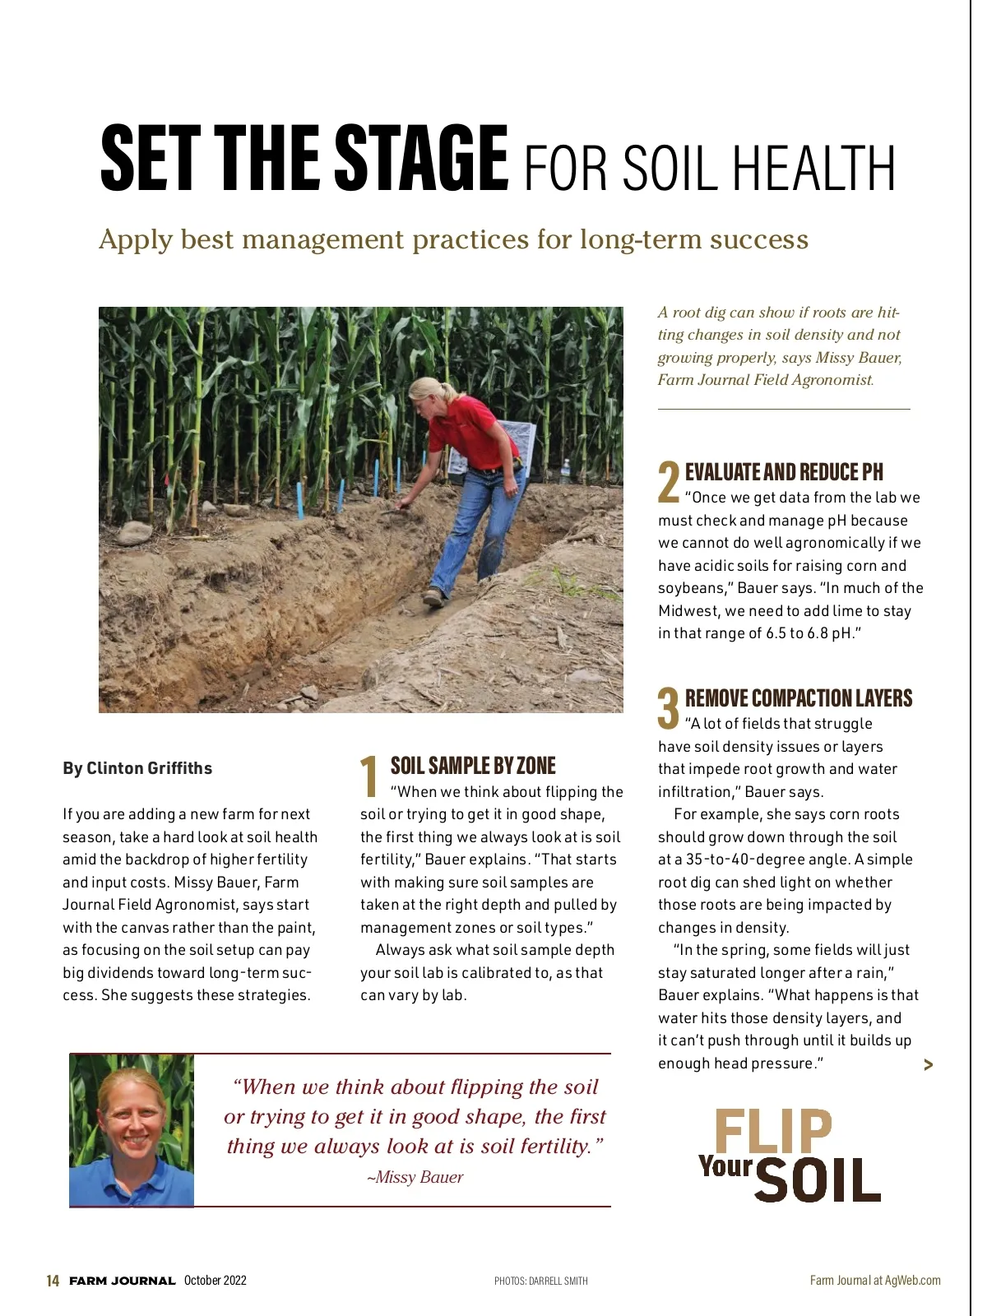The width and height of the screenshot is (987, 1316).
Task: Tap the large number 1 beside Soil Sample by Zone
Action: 369,776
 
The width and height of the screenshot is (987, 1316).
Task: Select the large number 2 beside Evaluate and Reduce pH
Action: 668,481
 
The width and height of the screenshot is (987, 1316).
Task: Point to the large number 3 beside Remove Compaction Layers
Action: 668,707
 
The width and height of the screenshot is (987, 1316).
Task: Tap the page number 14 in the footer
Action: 53,1281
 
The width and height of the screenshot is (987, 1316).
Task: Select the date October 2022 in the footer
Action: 215,1280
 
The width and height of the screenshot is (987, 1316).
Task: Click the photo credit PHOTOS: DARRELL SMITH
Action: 540,1281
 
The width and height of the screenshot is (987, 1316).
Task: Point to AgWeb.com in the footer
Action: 912,1280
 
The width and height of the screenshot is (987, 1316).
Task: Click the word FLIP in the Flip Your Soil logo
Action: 773,1132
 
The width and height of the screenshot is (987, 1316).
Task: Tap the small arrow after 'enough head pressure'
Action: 929,1065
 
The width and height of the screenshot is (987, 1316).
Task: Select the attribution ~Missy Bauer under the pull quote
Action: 415,1177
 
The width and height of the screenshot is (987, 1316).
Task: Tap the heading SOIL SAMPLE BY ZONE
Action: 473,766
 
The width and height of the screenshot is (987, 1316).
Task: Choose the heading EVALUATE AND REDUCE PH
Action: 784,472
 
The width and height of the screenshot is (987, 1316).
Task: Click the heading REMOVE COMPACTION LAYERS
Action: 799,698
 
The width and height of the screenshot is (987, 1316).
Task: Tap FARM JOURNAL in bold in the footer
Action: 123,1281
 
